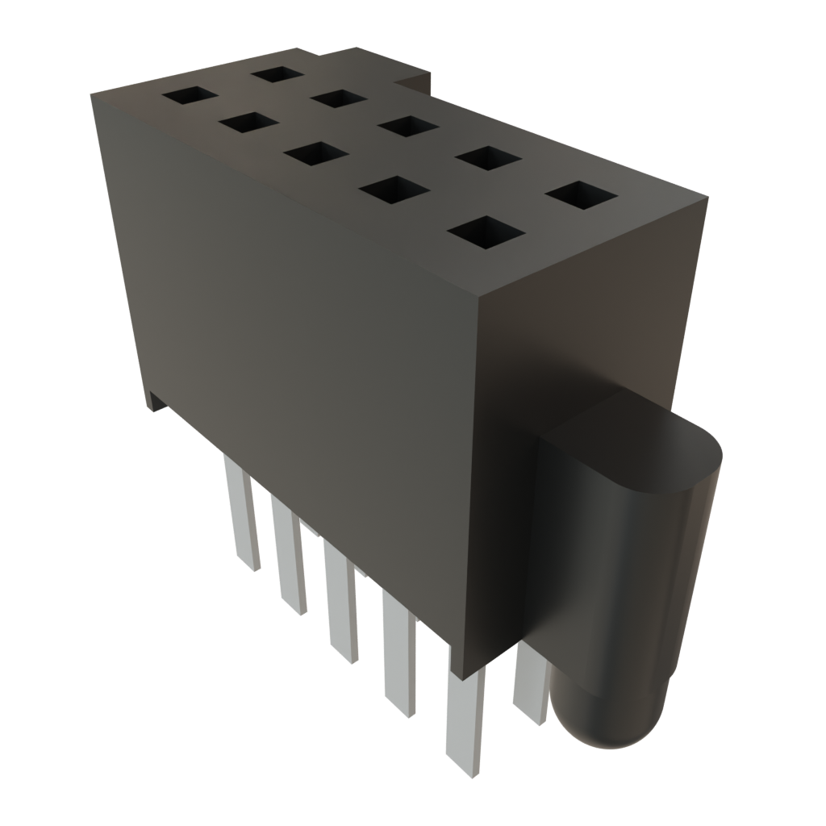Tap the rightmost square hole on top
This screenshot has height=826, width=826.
click(581, 196)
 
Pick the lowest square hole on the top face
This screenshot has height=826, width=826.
click(485, 232)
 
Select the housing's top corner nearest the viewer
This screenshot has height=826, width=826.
click(479, 296)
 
